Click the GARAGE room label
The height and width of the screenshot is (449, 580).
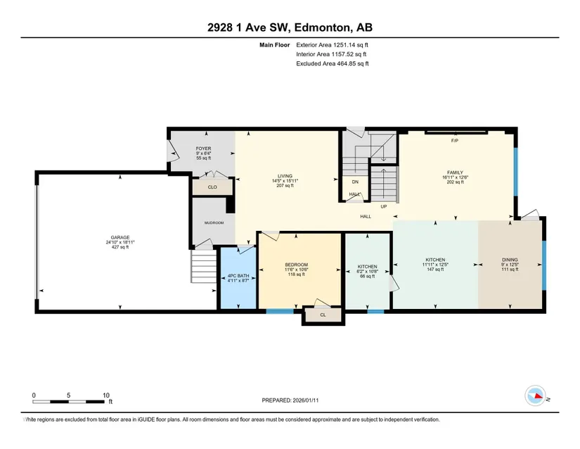[120, 238]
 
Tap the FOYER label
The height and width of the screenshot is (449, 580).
[203, 148]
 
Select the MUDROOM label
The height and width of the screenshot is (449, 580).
[214, 223]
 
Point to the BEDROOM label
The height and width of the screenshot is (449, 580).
[296, 265]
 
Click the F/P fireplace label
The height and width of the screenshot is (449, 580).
[455, 141]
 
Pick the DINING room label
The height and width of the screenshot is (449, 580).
[510, 260]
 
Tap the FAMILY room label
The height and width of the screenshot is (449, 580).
[455, 172]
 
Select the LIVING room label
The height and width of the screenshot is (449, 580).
[285, 176]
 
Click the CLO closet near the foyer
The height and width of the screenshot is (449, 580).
[212, 187]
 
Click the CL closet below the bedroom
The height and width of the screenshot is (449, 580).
[323, 315]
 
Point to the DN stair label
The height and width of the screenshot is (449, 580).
[355, 182]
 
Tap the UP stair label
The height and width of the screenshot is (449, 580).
[384, 206]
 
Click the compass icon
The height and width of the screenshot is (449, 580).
[535, 396]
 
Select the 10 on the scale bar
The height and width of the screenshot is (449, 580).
[106, 396]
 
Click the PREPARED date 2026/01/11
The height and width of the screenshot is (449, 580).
[306, 400]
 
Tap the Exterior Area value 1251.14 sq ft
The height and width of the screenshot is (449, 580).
[351, 45]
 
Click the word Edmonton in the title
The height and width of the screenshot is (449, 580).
[322, 27]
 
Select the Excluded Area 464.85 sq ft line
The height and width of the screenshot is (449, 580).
[333, 63]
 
